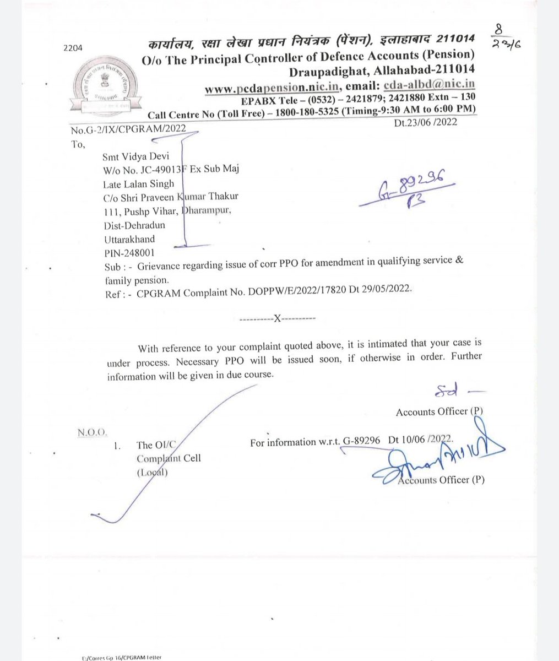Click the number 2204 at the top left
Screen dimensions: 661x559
tap(73, 48)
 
